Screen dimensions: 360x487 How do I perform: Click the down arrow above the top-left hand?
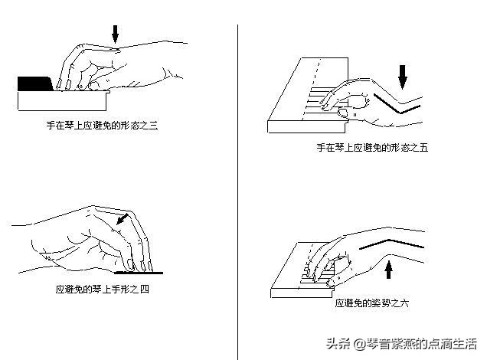pyautogui.click(x=116, y=34)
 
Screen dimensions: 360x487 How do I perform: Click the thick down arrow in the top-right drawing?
pyautogui.click(x=404, y=77)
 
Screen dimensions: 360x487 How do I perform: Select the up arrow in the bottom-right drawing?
pyautogui.click(x=389, y=270)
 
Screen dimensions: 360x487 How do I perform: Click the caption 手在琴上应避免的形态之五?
pyautogui.click(x=371, y=148)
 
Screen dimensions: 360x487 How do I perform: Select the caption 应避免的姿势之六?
pyautogui.click(x=372, y=304)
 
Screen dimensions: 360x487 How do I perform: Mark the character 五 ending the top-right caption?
pyautogui.click(x=423, y=148)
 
